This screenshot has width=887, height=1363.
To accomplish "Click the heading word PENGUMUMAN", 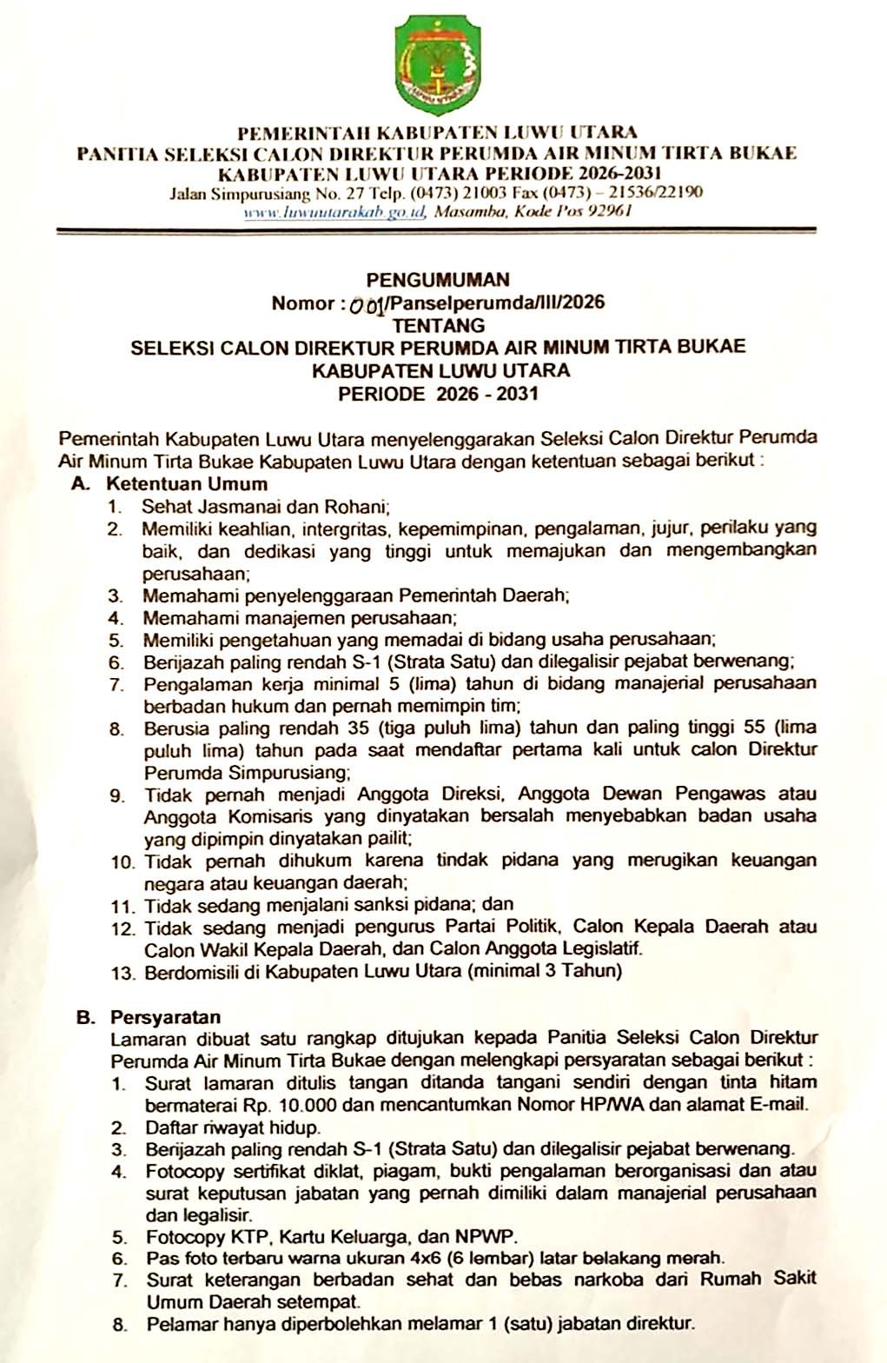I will tap(438, 280).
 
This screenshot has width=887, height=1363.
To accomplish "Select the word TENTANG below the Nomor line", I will tap(439, 326).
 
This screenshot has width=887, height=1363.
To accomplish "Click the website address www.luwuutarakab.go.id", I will tap(334, 212).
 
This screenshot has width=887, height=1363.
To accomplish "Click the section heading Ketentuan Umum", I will tap(187, 483).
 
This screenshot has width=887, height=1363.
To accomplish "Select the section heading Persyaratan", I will tap(165, 1017).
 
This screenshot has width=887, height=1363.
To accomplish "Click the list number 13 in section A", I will tap(122, 972).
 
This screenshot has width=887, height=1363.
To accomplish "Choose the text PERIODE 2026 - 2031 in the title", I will tap(438, 393).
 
